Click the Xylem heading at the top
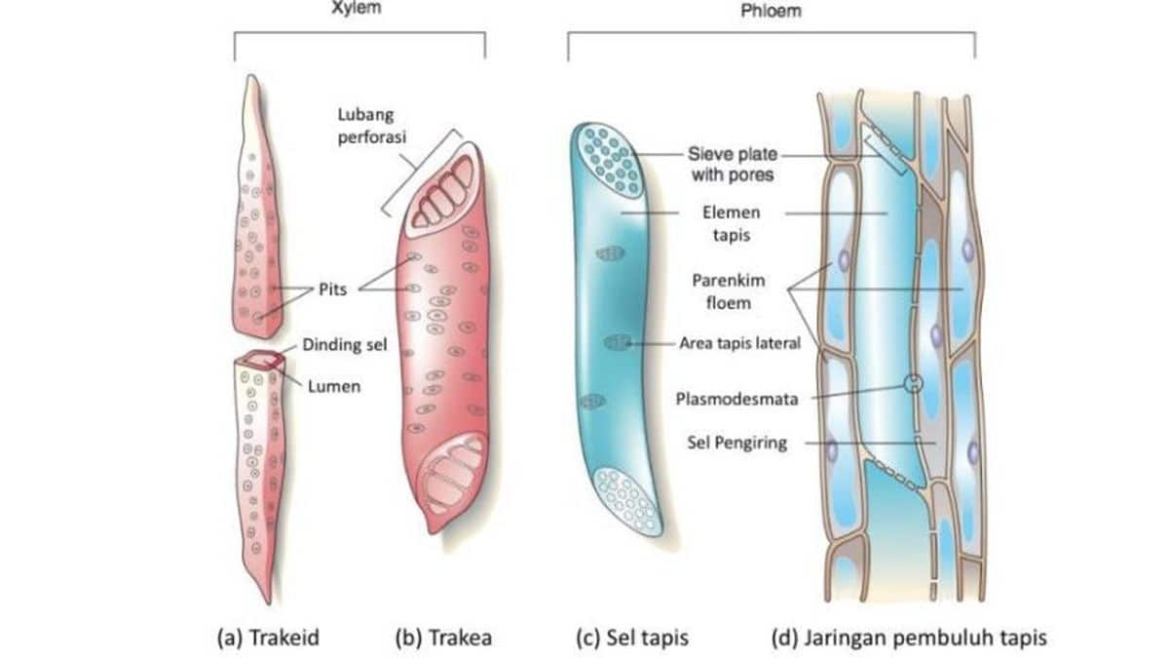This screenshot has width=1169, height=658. point(357,8)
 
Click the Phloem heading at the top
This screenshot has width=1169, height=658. point(771,11)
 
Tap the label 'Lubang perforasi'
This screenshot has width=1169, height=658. point(371,126)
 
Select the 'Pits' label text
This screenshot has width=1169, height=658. point(332,289)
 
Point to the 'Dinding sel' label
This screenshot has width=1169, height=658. point(345,345)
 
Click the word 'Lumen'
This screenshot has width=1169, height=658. point(334,386)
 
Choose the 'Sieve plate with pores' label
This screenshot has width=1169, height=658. point(733,164)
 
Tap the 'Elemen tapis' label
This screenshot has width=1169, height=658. point(732,223)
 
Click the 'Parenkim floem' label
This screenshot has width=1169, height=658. point(729,291)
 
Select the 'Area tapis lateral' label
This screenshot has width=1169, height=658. point(740,343)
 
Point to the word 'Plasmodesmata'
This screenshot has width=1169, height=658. point(736,399)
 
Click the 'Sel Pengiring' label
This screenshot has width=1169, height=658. point(736,443)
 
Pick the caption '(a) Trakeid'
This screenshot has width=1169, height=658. point(268,638)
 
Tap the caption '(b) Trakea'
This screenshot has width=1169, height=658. point(443,638)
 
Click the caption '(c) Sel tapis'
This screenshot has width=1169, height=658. point(632,638)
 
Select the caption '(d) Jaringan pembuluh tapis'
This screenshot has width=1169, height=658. point(909,638)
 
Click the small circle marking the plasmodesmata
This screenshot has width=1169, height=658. point(914,383)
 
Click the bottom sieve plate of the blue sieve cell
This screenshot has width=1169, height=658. point(627,502)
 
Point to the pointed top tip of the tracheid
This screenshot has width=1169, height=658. point(253,76)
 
